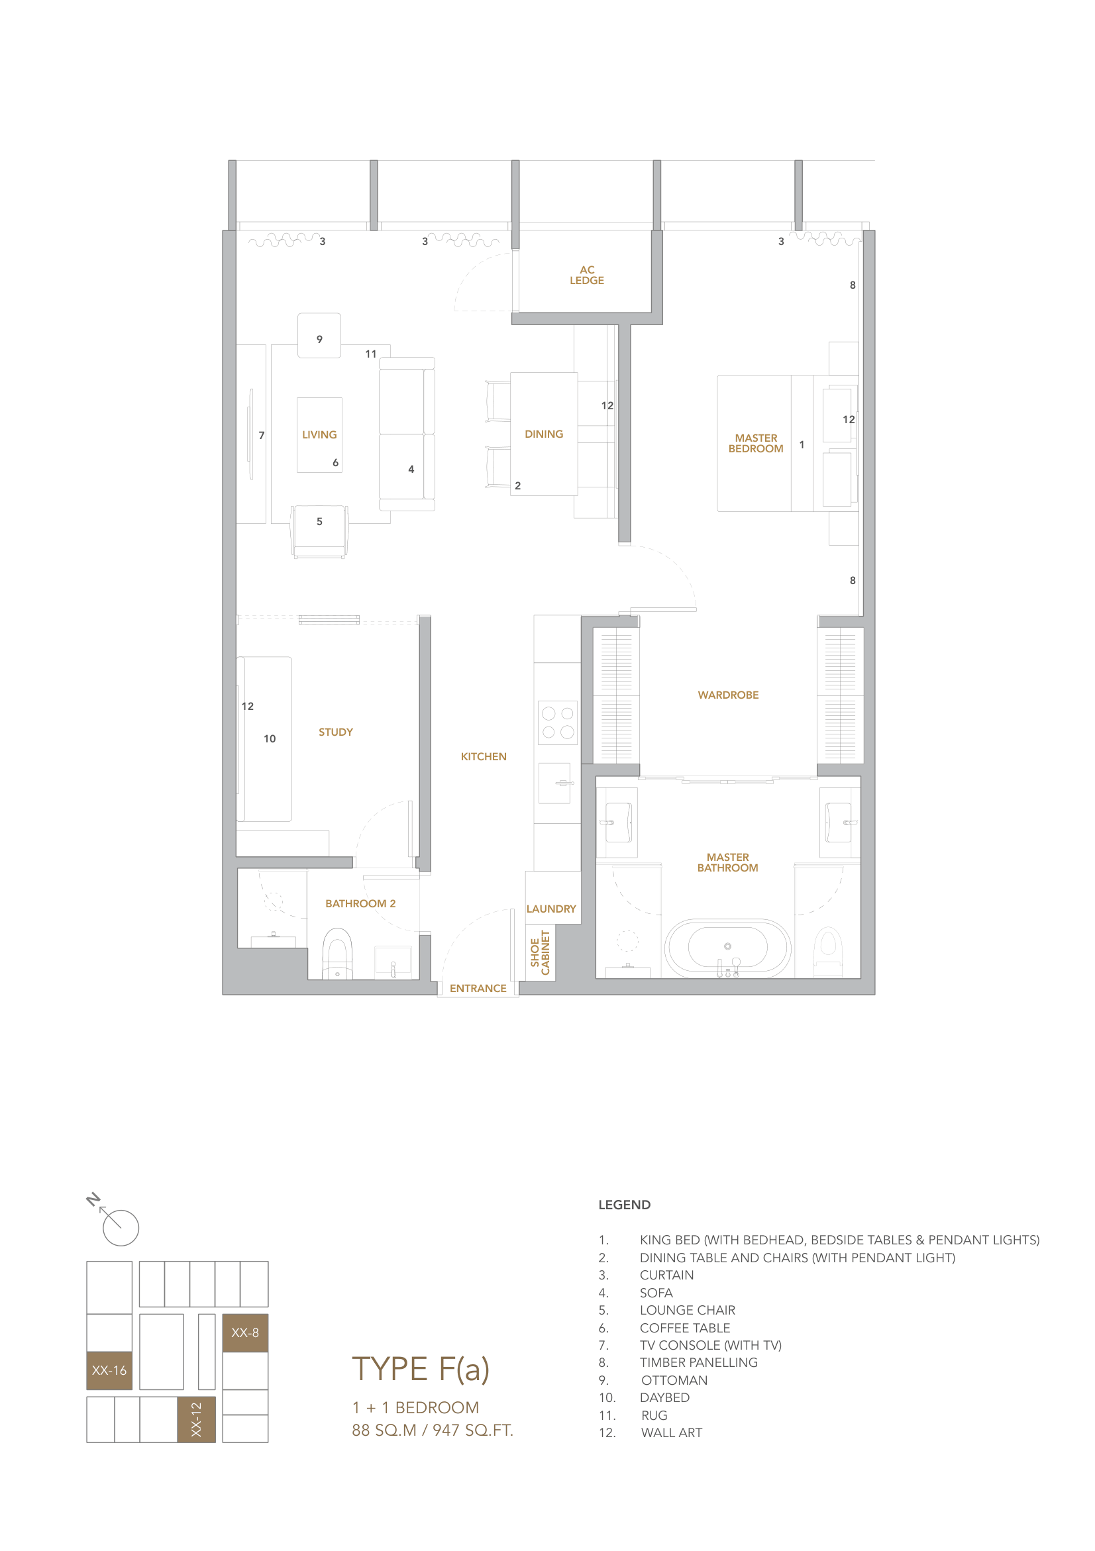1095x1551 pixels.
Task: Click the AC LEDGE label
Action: (586, 275)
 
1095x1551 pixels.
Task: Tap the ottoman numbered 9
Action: (319, 336)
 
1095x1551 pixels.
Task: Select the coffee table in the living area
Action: (319, 434)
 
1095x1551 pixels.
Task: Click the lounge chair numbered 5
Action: (319, 531)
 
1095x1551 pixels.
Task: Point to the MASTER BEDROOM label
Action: (755, 443)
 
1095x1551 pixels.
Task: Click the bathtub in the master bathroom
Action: (727, 947)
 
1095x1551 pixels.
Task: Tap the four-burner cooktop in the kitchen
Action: (557, 722)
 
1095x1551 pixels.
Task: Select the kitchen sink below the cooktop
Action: (554, 783)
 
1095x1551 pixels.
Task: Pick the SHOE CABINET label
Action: (540, 952)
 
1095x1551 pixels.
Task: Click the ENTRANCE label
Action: (478, 988)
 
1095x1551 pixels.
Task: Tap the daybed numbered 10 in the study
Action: (268, 738)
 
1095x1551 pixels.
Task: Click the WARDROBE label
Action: (727, 695)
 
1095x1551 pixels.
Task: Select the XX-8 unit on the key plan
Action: (244, 1332)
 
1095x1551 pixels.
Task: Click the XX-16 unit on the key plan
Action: (109, 1370)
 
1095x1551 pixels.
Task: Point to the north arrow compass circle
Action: (121, 1227)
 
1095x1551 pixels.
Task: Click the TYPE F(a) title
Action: (420, 1369)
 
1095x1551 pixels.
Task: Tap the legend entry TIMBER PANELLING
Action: (698, 1362)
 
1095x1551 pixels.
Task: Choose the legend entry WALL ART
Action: (671, 1432)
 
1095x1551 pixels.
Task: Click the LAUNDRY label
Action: (550, 909)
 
